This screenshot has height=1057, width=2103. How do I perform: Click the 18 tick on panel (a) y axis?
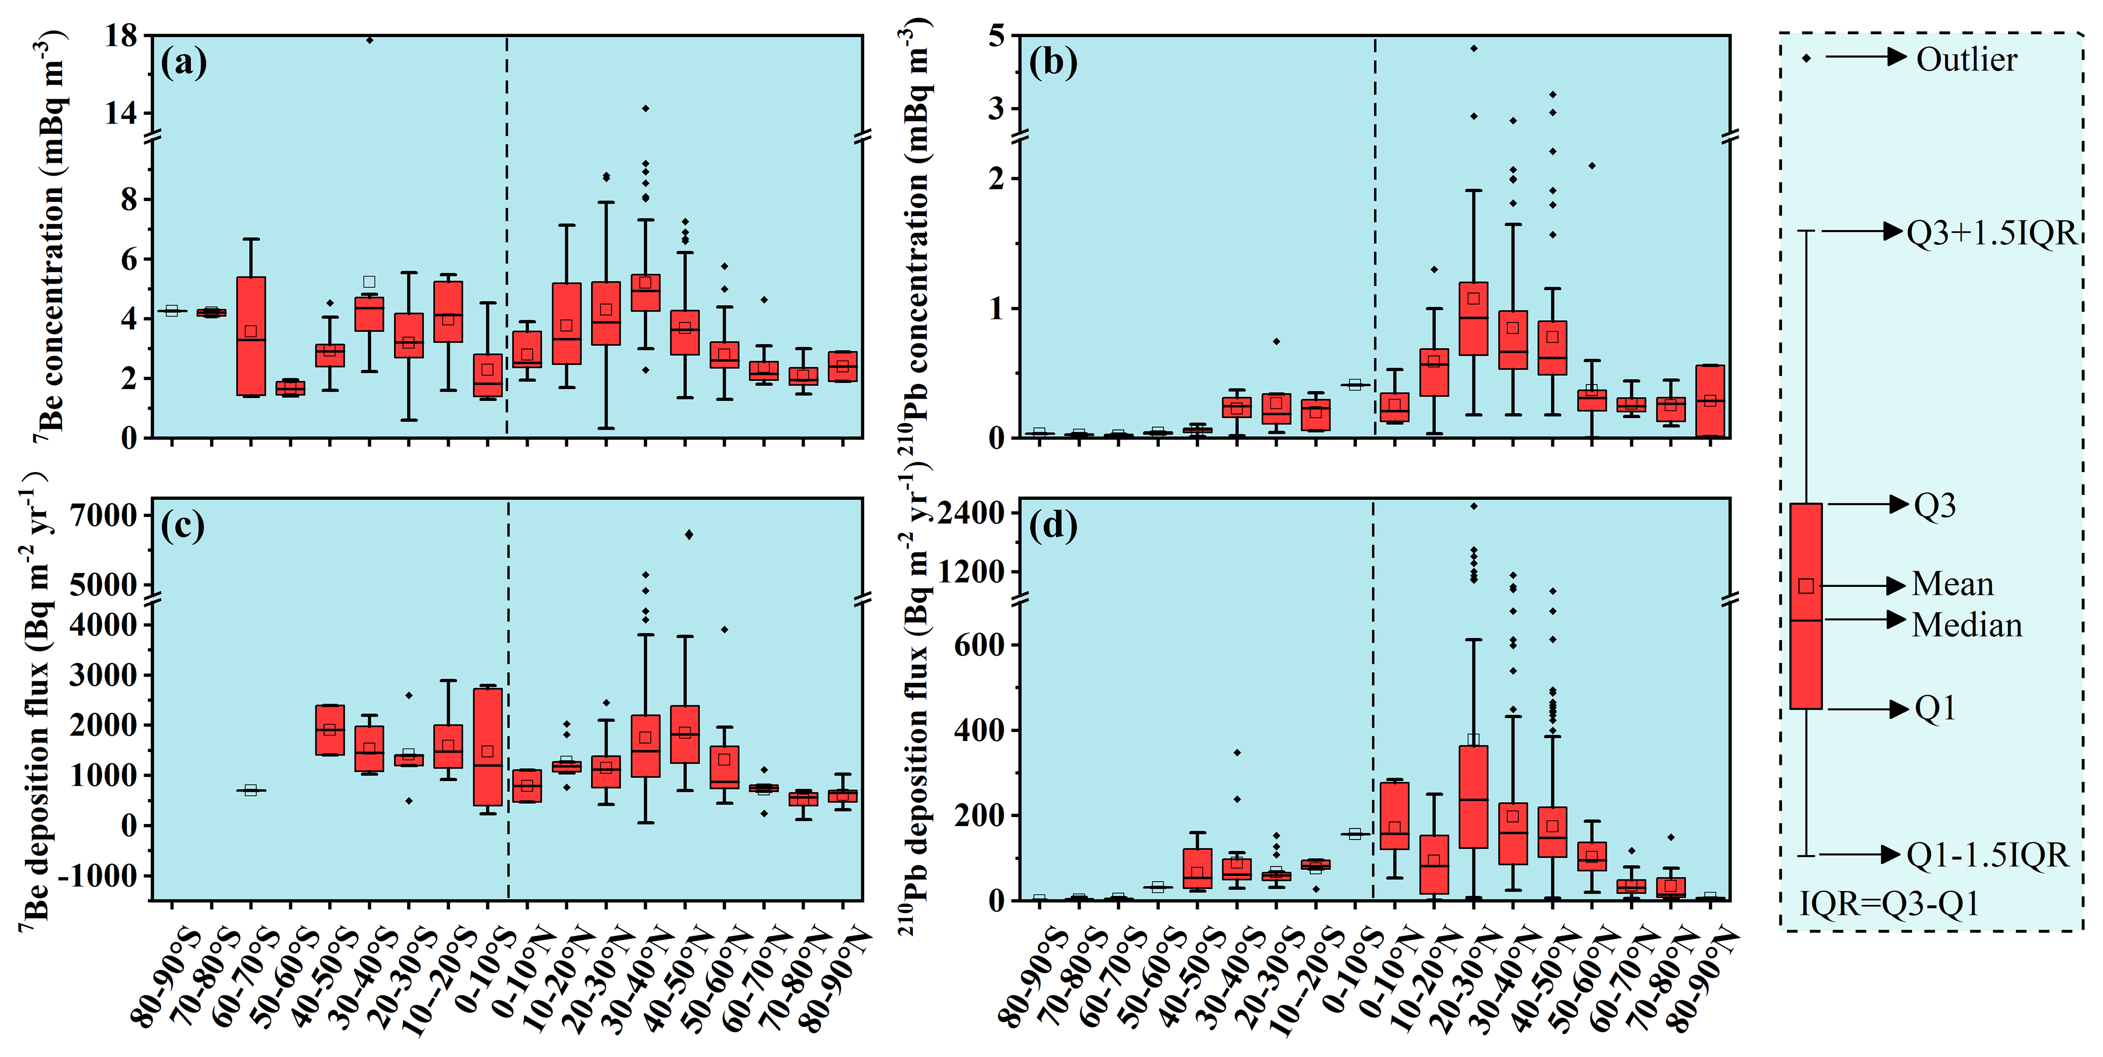(121, 36)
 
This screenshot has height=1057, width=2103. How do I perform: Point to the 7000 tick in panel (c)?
(105, 516)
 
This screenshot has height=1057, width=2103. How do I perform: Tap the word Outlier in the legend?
(1966, 59)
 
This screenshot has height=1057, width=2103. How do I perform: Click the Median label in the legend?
(1966, 625)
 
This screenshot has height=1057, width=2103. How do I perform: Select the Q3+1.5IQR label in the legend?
(1991, 233)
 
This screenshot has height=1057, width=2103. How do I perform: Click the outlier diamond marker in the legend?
(1806, 58)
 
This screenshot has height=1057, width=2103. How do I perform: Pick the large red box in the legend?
(1806, 605)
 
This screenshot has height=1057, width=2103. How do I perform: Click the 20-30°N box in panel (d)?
(1473, 796)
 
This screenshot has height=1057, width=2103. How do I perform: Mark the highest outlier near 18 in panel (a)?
(369, 39)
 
